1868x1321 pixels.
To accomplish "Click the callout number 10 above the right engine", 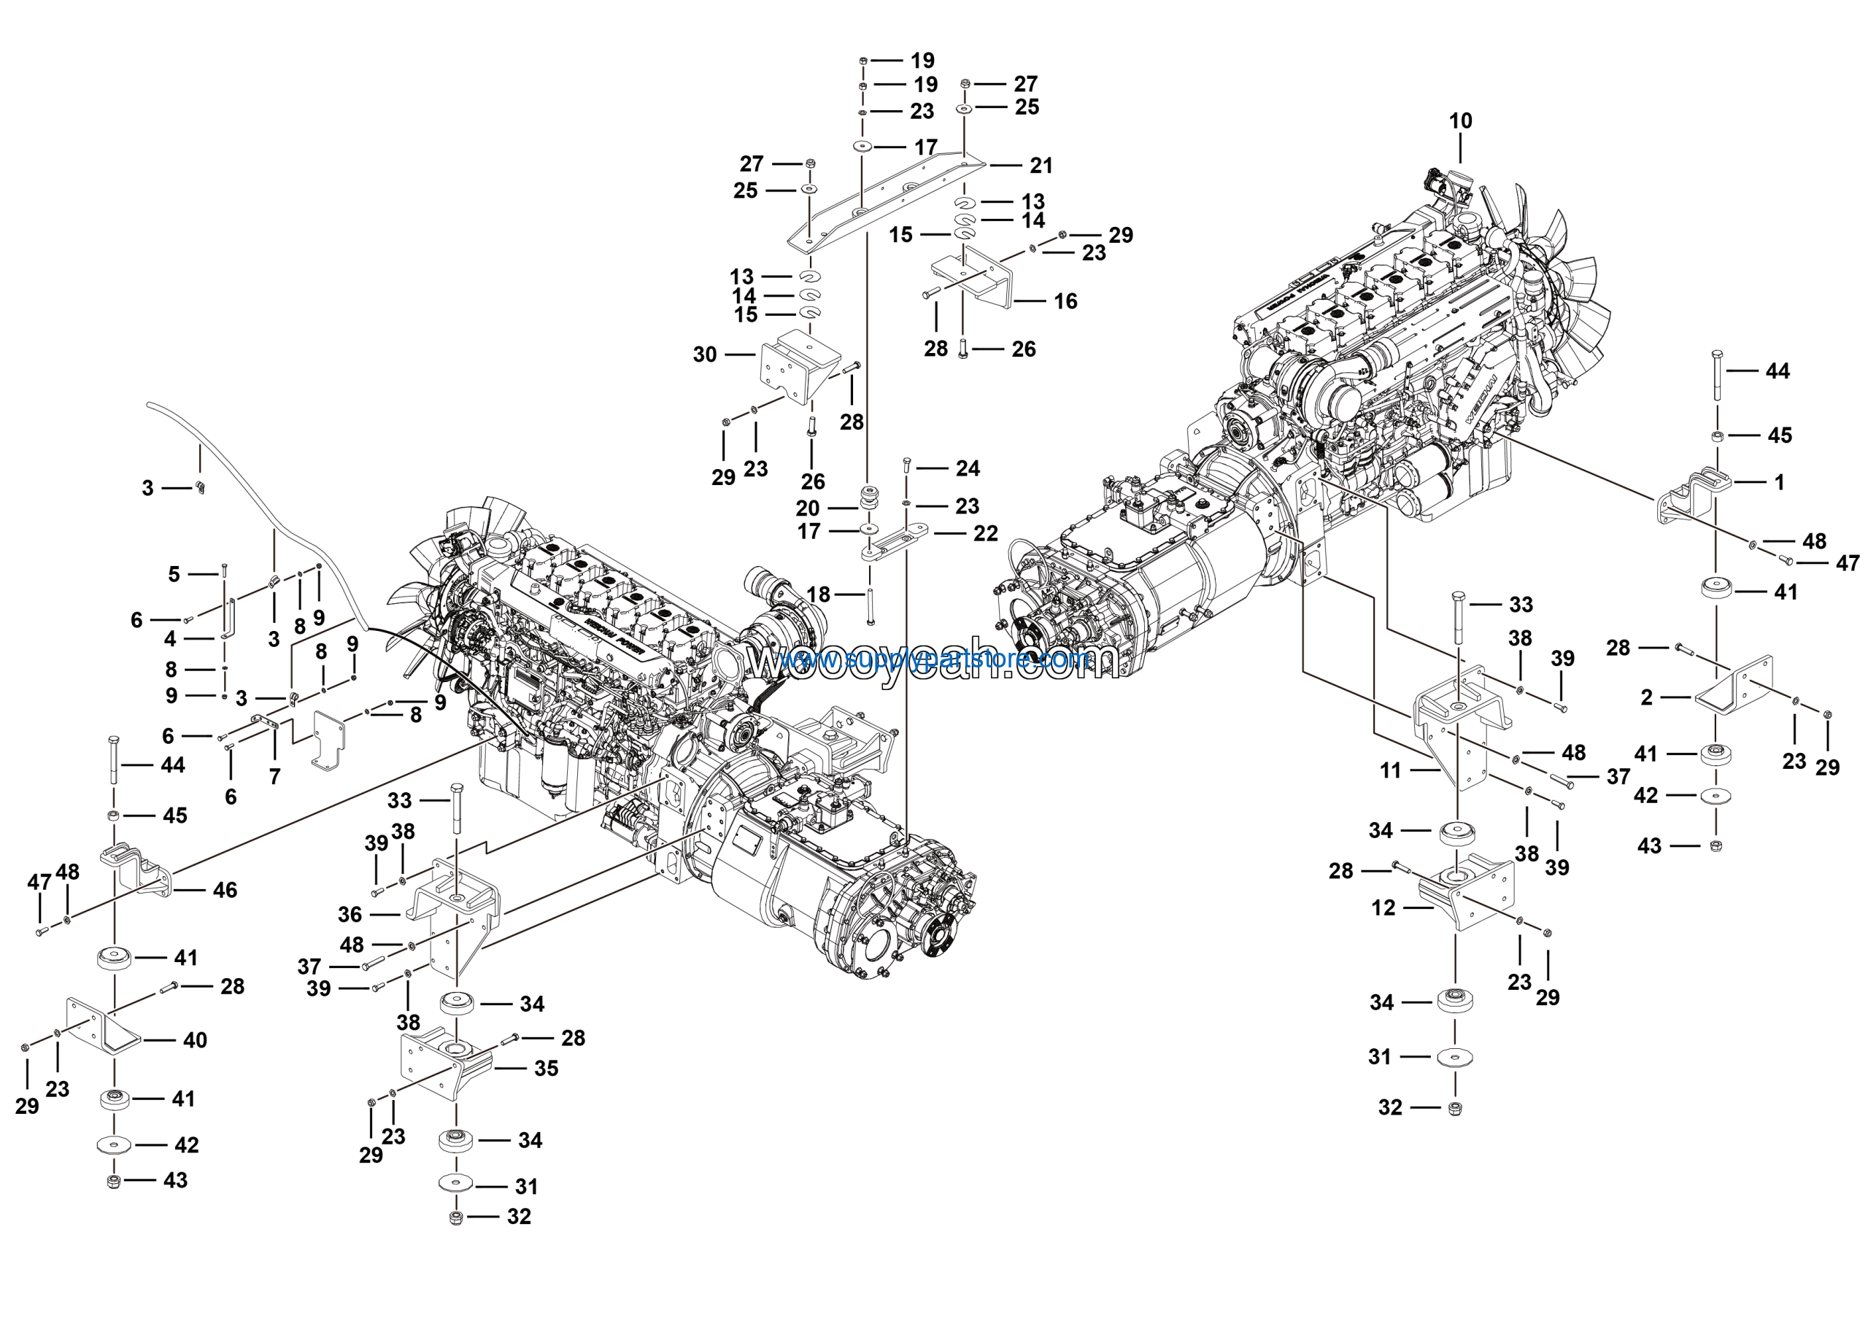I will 1460,121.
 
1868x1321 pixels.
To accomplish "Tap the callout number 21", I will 1041,166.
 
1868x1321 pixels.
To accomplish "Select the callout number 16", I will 1065,302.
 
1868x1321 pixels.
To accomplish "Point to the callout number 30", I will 705,355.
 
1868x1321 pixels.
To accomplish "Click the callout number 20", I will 807,508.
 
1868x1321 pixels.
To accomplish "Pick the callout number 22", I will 985,534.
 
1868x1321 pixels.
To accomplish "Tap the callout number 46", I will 225,890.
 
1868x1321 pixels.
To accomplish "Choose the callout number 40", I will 194,1039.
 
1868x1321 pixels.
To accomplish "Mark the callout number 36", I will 350,914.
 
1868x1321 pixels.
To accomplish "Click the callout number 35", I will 546,1068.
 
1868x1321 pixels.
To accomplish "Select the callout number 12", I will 1383,908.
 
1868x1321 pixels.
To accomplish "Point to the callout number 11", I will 1391,770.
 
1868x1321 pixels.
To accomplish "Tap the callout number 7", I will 275,777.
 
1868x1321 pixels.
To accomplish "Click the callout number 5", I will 173,574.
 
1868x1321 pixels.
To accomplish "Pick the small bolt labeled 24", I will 906,466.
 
